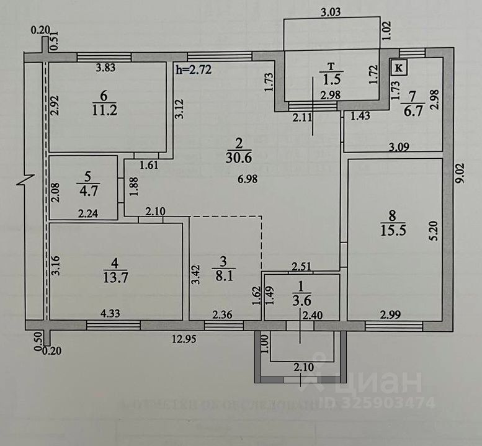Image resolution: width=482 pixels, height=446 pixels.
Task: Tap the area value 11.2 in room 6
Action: pyautogui.click(x=103, y=110)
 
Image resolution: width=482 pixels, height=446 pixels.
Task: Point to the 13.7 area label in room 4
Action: pyautogui.click(x=117, y=277)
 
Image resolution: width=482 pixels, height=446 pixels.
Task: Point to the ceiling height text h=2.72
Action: pyautogui.click(x=194, y=70)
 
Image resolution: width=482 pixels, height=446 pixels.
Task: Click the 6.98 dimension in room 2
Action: pyautogui.click(x=247, y=179)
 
